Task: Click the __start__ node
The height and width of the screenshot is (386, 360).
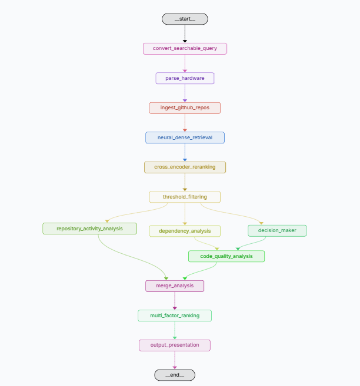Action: click(x=185, y=19)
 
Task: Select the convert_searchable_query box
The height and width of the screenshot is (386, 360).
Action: click(x=185, y=48)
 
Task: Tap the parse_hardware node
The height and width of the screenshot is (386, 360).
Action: click(x=185, y=78)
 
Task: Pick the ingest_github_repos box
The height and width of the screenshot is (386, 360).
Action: click(x=185, y=108)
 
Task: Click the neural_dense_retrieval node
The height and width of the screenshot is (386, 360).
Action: click(x=185, y=137)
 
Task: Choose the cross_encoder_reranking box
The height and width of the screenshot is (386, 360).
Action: click(x=185, y=167)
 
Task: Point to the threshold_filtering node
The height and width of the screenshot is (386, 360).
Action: click(x=185, y=197)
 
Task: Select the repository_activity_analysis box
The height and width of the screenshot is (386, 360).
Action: click(x=89, y=228)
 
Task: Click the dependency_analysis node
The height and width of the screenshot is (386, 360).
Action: click(x=185, y=231)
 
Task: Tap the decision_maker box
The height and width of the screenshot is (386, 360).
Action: click(x=277, y=230)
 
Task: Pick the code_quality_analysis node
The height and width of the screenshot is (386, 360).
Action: click(x=226, y=256)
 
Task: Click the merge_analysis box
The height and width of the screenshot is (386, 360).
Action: click(x=175, y=286)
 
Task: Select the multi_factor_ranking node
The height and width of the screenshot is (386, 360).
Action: click(x=175, y=315)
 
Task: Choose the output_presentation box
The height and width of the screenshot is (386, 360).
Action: click(x=175, y=345)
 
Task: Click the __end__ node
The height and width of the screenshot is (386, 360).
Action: click(x=175, y=375)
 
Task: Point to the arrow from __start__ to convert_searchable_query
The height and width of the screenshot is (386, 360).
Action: click(x=185, y=33)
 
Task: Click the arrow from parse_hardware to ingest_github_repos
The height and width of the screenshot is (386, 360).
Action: click(x=185, y=93)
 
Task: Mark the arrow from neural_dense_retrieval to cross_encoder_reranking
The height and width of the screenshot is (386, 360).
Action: click(x=185, y=152)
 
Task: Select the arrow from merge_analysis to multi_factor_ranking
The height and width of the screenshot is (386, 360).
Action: click(x=175, y=301)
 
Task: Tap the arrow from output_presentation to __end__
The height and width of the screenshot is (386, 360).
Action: click(x=175, y=360)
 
